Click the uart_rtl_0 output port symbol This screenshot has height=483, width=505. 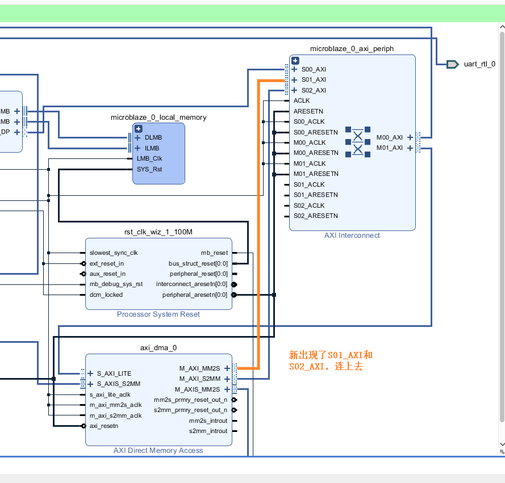tap(452, 64)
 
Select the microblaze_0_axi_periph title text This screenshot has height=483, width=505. tap(352, 49)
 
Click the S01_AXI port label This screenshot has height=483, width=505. tap(314, 80)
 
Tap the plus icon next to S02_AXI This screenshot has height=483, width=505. tap(294, 91)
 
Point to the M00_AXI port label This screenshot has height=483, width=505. tap(390, 137)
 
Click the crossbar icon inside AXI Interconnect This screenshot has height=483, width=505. tap(358, 142)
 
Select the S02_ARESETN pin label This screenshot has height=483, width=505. tap(315, 216)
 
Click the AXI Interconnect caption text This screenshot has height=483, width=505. tap(352, 236)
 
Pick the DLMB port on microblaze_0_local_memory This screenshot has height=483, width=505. tap(153, 138)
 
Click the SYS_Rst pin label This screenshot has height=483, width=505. tap(149, 169)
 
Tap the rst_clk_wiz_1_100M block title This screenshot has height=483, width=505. tap(158, 232)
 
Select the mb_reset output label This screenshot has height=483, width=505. tap(214, 253)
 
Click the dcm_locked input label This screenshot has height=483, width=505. tap(106, 295)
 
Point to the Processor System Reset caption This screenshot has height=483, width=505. tap(158, 314)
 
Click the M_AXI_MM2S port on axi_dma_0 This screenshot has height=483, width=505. tap(199, 368)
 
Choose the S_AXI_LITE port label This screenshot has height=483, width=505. tap(114, 373)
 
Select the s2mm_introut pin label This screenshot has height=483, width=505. tap(208, 431)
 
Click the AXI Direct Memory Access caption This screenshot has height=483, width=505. tap(158, 451)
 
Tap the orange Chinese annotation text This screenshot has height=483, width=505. tap(331, 361)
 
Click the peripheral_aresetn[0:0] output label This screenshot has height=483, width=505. tap(194, 295)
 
